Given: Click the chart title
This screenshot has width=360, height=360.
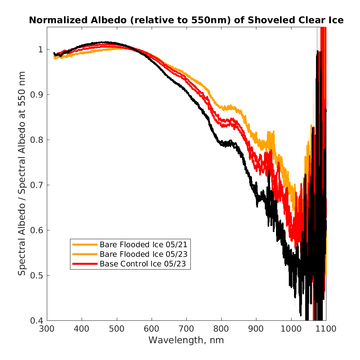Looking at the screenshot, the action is click(186, 20).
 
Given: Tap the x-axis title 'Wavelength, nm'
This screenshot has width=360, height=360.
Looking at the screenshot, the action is click(186, 340).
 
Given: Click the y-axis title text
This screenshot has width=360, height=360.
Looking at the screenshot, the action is click(22, 174).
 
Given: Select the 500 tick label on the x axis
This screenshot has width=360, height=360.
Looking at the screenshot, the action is click(117, 329).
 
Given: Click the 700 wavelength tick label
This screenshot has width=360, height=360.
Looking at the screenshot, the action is click(186, 329).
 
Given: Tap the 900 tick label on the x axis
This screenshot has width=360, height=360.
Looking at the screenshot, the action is click(256, 329).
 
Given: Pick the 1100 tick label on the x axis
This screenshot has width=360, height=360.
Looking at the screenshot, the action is click(326, 329).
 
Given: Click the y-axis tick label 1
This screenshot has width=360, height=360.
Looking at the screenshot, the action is click(41, 49).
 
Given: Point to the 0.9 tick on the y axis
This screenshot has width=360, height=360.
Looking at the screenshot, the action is click(37, 94).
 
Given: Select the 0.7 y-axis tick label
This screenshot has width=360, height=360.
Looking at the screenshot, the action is click(37, 185).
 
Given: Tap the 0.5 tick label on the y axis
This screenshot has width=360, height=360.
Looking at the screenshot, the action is click(37, 275).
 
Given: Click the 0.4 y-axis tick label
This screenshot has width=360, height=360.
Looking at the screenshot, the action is click(37, 320).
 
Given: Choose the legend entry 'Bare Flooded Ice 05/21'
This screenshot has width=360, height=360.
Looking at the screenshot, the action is click(144, 244).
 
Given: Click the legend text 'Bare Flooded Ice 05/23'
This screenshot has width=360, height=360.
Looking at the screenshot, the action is click(144, 254).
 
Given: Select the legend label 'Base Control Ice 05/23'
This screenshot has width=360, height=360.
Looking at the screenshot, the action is click(142, 264).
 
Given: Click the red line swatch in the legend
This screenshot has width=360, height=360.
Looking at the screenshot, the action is click(85, 264).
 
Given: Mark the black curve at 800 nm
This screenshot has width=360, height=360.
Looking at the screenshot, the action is click(221, 144).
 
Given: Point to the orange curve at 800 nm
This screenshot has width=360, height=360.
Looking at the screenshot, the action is click(221, 107).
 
